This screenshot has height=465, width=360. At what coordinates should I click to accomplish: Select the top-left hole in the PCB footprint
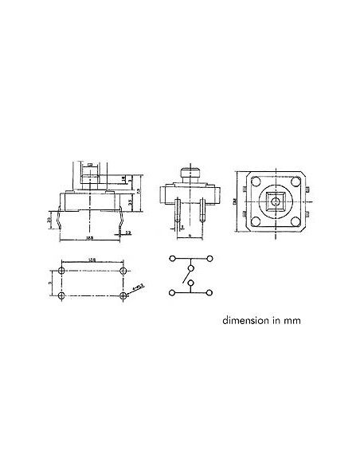click(x=63, y=272)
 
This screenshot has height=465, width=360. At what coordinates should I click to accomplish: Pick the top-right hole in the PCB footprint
click(x=123, y=272)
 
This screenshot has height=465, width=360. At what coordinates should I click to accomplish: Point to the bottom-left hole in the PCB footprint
click(x=63, y=295)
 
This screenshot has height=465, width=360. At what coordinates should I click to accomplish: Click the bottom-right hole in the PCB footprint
click(x=123, y=295)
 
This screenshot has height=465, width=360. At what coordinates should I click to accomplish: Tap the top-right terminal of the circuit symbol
click(x=210, y=259)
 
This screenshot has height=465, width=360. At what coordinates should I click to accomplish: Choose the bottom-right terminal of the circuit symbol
click(x=210, y=293)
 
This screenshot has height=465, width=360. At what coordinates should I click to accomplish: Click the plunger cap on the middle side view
click(x=189, y=172)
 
